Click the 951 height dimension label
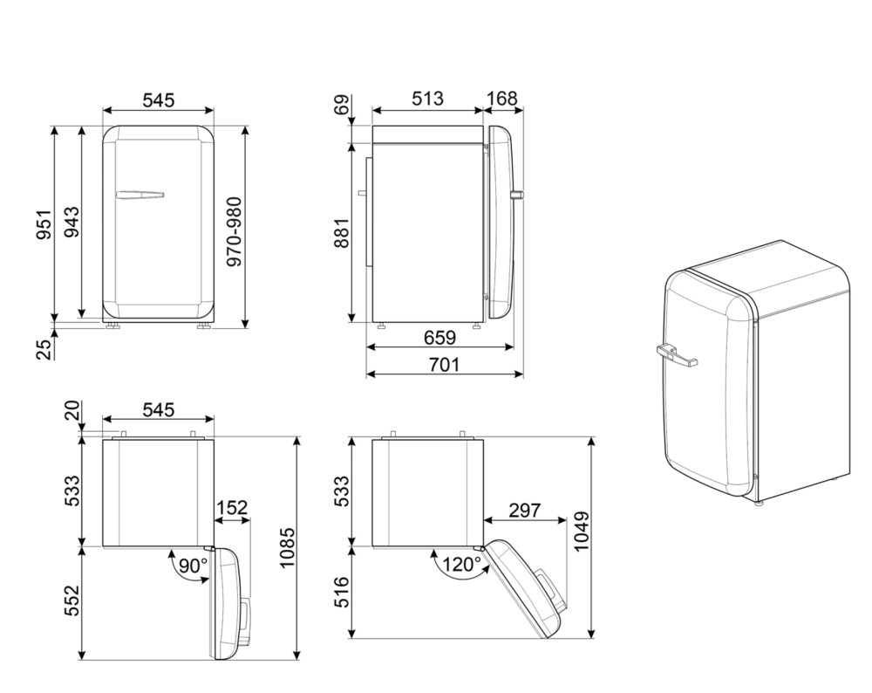[x=44, y=225]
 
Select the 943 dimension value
[x=72, y=222]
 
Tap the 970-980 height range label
[x=235, y=231]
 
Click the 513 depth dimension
[x=427, y=99]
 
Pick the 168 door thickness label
[x=502, y=99]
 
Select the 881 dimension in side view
[x=342, y=233]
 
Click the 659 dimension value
[x=439, y=338]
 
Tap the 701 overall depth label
[x=445, y=365]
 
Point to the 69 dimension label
[x=343, y=104]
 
